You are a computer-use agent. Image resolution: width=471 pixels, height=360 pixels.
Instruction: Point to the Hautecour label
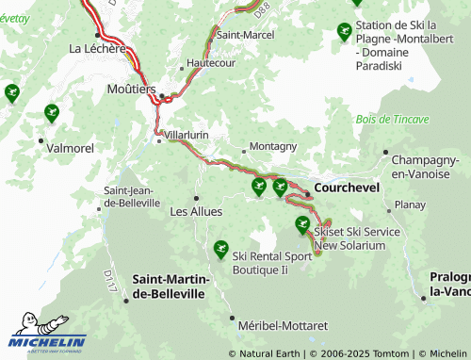tap(209, 63)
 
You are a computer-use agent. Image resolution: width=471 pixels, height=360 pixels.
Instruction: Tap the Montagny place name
tap(275, 146)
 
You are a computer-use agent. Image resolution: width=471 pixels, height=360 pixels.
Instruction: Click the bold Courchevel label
tap(347, 188)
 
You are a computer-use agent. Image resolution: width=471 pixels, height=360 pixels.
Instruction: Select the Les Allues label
tap(196, 211)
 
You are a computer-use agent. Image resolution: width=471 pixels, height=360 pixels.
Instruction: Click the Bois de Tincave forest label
tap(393, 120)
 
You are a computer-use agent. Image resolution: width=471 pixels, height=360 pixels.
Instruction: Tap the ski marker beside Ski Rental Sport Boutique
tap(221, 249)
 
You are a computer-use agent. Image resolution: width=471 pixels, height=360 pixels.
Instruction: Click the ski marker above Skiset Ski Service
tap(302, 223)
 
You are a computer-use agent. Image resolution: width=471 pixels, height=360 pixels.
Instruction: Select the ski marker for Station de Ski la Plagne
tap(344, 31)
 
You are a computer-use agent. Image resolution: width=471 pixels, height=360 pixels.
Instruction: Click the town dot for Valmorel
tap(40, 140)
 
